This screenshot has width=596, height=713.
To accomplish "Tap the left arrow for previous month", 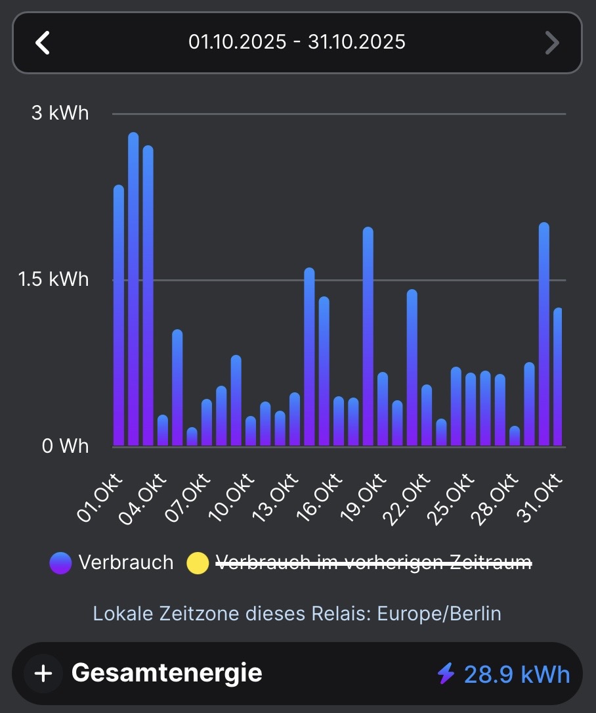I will click(43, 43).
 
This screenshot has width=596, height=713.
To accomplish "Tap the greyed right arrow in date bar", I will click(552, 43).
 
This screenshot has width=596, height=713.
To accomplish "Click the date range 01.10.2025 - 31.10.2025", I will click(297, 43).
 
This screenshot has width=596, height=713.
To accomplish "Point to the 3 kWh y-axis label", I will click(60, 113).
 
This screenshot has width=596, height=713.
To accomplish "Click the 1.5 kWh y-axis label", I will click(54, 279).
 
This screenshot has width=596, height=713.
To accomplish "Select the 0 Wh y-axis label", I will click(65, 446).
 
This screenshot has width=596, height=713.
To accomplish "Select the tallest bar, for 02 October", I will click(133, 289).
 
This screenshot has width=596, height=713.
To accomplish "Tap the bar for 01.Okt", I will click(119, 315).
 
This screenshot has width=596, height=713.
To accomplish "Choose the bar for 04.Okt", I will click(163, 430).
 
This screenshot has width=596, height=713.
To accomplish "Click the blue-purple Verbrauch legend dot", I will click(60, 563).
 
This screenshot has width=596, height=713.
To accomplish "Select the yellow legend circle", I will click(198, 563).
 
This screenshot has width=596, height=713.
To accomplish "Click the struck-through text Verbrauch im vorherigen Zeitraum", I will click(373, 563).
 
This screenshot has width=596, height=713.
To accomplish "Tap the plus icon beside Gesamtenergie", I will click(43, 674).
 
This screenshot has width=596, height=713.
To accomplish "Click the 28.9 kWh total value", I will click(517, 674).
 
